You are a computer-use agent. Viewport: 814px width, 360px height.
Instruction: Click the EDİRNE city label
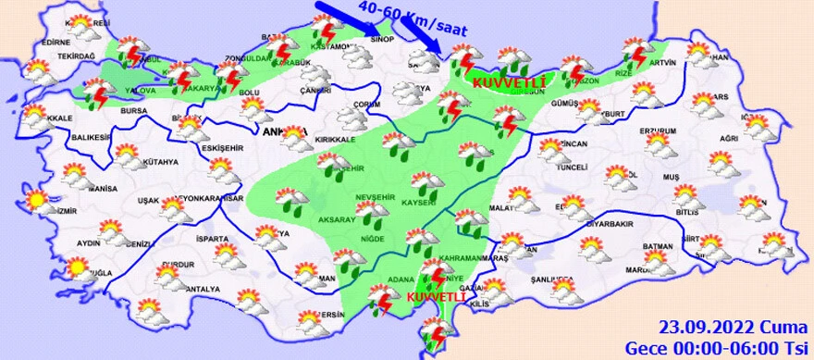[x=56, y=42]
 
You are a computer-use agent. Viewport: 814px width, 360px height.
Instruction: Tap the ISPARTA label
[x=212, y=239]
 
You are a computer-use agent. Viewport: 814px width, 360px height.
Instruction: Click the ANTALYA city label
[x=202, y=289]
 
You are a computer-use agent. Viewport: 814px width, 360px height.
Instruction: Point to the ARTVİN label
[x=663, y=63]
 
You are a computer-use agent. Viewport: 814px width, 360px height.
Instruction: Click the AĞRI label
[x=729, y=138]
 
